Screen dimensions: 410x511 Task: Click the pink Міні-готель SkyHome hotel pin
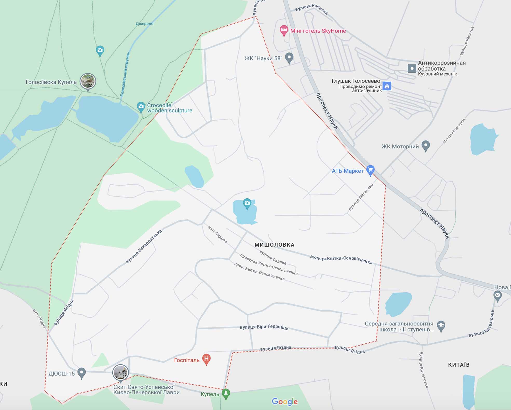click(284, 30)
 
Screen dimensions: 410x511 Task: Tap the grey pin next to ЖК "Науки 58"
click(289, 58)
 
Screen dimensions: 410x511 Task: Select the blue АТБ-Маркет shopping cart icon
click(370, 170)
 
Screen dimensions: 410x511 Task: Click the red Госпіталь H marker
click(206, 359)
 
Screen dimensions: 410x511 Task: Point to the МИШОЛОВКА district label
click(274, 245)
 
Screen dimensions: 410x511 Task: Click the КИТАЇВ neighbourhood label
click(459, 365)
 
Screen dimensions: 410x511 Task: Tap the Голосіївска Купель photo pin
click(88, 81)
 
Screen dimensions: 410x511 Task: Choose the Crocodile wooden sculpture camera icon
click(141, 107)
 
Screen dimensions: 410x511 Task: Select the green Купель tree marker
click(226, 393)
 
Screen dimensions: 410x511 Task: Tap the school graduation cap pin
click(441, 326)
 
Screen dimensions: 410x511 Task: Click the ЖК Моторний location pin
click(425, 146)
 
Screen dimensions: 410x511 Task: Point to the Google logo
click(285, 401)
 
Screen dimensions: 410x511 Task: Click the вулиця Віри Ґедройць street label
click(264, 327)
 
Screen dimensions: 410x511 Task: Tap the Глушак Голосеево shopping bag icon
click(387, 86)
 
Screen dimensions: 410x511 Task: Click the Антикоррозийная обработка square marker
click(412, 68)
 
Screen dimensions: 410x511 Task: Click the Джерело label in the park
click(145, 24)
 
